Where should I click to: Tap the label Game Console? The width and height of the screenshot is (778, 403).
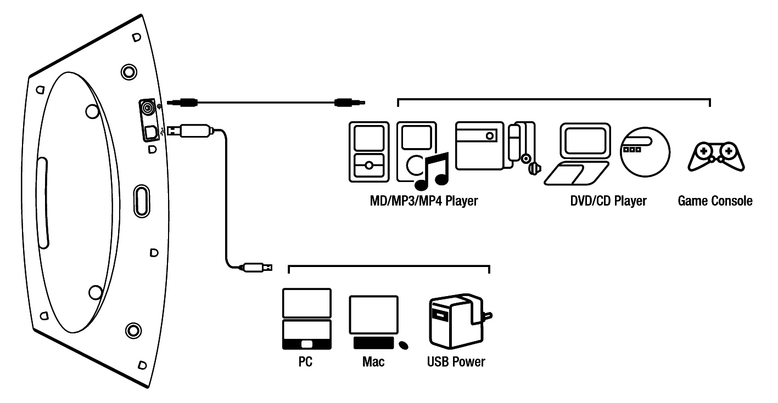coord(715,201)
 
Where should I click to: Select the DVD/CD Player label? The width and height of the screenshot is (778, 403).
coord(608,201)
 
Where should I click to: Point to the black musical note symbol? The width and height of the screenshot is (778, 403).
coord(432,169)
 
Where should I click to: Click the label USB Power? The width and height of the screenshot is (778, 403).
coord(456,362)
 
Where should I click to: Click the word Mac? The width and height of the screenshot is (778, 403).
coord(373,362)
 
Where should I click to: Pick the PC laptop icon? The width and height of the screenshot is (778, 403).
coord(306,319)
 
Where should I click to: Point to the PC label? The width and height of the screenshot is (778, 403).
coord(305,362)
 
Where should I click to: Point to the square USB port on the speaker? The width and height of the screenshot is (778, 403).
coord(149,132)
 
